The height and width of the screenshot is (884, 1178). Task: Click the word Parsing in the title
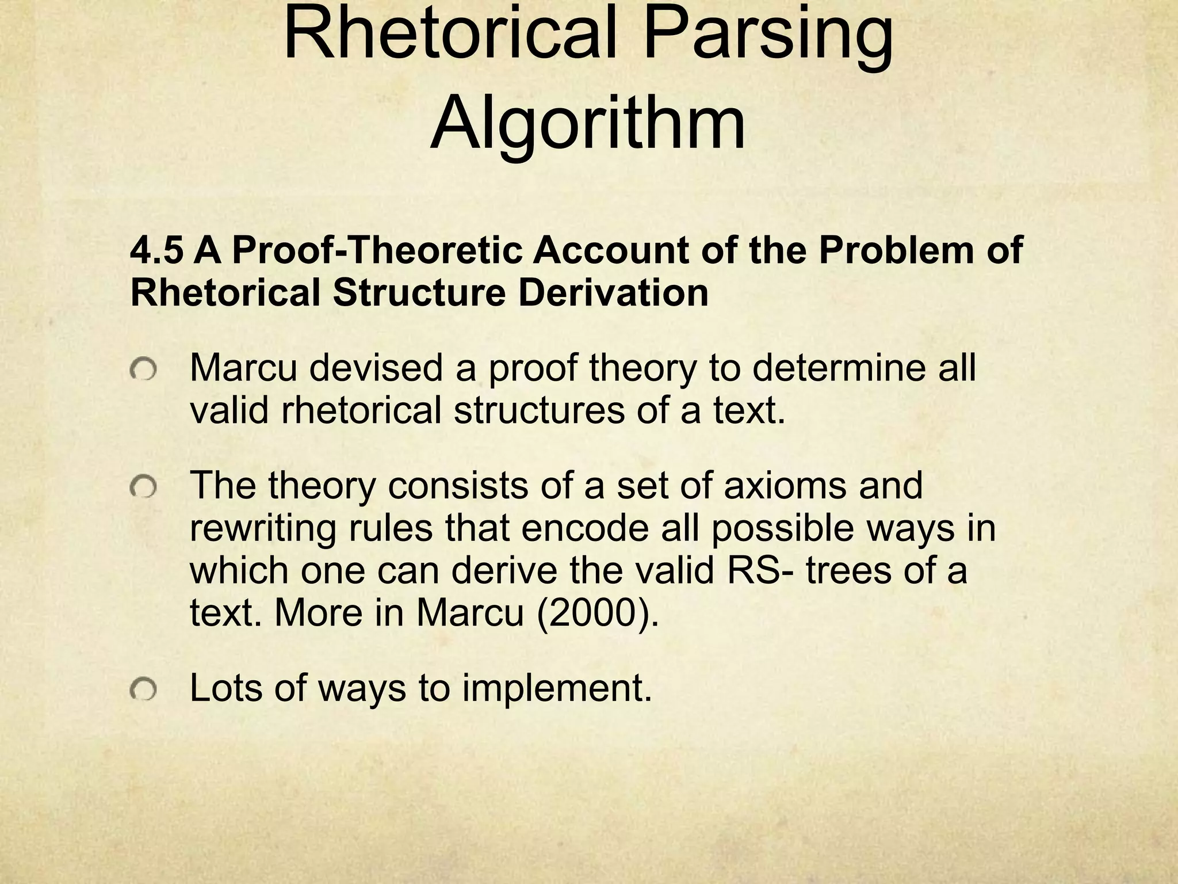pyautogui.click(x=768, y=37)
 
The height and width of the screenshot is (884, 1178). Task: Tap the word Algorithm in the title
pyautogui.click(x=588, y=124)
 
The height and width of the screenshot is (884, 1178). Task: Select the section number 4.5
pyautogui.click(x=157, y=251)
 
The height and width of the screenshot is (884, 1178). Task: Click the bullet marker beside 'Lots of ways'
pyautogui.click(x=143, y=689)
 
